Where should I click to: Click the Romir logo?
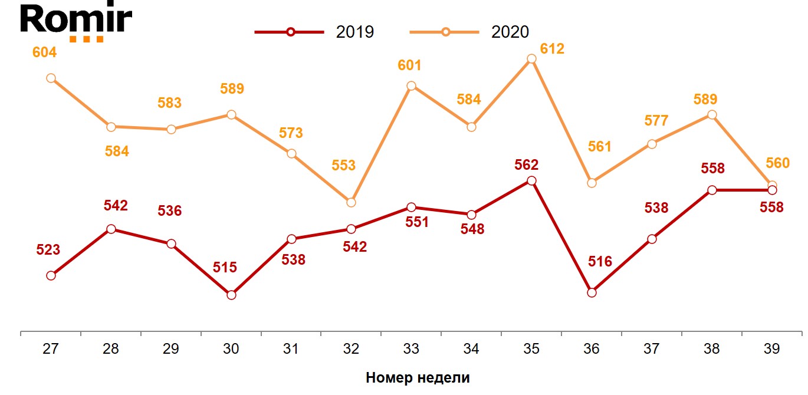[x=76, y=22]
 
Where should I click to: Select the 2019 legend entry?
[x=315, y=32]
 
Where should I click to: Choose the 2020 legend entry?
[x=471, y=32]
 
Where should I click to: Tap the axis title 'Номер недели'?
[x=418, y=378]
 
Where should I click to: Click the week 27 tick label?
[x=51, y=348]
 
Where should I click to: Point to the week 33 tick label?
[x=411, y=348]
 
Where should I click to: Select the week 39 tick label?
[x=771, y=348]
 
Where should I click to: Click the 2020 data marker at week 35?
[x=531, y=59]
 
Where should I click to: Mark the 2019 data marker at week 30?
[x=231, y=295]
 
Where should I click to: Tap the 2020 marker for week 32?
[x=351, y=202]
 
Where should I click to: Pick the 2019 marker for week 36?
[x=592, y=292]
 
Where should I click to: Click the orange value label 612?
[x=552, y=48]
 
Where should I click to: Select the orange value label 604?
[x=44, y=52]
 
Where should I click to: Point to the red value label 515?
[x=225, y=267]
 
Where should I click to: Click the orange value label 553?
[x=343, y=165]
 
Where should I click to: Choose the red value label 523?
[x=48, y=249]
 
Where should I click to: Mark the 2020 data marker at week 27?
[x=51, y=78]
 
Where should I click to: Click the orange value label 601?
[x=409, y=65]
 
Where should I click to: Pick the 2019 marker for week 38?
[x=712, y=190]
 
